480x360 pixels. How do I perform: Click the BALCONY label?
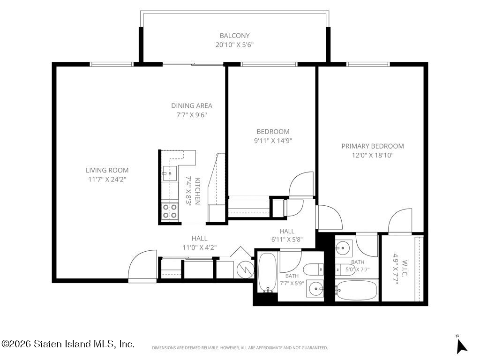234,36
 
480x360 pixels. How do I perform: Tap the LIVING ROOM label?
107,170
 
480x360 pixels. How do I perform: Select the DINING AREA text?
192,106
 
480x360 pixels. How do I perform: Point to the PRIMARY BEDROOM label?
373,146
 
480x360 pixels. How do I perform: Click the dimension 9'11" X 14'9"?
273,141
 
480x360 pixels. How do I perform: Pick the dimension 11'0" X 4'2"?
200,247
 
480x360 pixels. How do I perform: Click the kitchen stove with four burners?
170,211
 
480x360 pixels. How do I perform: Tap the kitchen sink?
170,173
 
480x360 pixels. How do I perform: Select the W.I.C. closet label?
404,268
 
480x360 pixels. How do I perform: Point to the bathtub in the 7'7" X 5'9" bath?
267,272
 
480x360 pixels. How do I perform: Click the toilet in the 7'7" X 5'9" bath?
314,270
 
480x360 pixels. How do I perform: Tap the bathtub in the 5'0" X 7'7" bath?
356,290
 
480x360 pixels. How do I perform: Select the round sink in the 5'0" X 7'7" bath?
344,247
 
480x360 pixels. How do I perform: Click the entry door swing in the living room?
142,265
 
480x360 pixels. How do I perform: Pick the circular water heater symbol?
246,270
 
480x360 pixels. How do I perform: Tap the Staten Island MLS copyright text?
68,344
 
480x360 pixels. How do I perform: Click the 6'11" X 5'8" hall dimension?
287,239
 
